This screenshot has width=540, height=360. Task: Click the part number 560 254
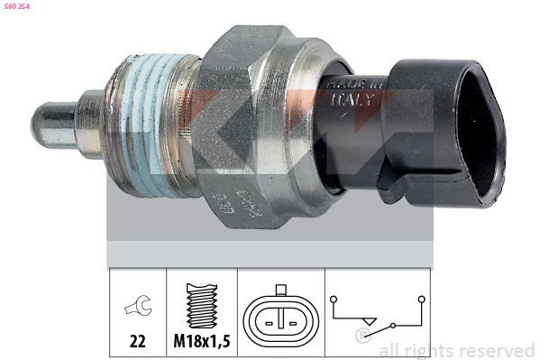coord(17,6)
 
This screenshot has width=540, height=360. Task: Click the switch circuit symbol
coord(379,317)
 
